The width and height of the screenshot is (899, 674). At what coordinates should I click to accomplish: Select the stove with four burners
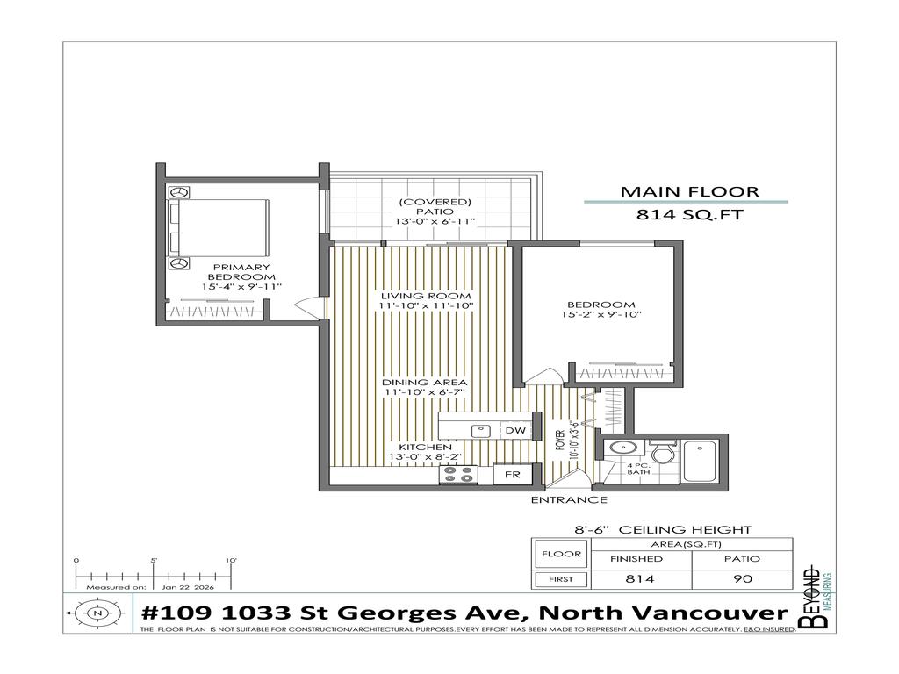click(457, 475)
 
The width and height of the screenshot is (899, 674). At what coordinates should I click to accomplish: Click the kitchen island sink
click(480, 431)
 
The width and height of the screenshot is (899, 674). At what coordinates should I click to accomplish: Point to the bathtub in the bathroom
click(701, 459)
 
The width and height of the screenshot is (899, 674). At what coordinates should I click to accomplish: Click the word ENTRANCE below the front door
click(569, 500)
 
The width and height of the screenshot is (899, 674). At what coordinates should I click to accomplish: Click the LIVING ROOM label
click(426, 296)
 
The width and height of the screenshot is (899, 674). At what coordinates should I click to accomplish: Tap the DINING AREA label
click(424, 383)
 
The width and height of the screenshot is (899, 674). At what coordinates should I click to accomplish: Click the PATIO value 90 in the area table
click(742, 579)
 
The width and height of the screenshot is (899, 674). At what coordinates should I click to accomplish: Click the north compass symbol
click(96, 613)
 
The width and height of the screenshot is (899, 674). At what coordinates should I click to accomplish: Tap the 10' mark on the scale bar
click(231, 561)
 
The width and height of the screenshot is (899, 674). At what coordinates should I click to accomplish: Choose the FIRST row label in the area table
click(560, 579)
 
